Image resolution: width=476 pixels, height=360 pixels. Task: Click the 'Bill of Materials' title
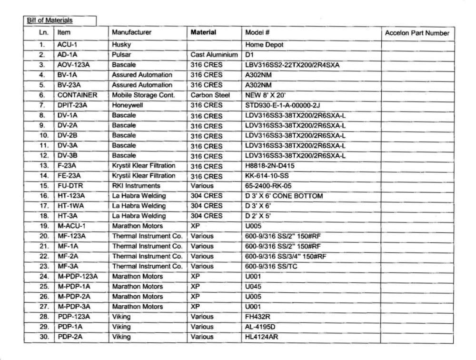(50, 20)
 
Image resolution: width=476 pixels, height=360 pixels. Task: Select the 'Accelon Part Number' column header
(416, 33)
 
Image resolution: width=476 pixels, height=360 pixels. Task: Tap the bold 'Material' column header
(203, 32)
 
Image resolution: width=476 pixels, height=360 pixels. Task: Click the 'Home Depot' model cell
(264, 45)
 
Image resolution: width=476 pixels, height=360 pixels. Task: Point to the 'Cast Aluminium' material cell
(214, 55)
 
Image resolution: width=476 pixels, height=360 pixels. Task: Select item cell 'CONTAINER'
(77, 95)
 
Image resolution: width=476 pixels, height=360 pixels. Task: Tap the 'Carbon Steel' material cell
(210, 95)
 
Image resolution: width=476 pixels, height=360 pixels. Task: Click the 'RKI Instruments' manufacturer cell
(136, 186)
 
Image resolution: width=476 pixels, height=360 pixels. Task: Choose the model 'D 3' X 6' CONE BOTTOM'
(284, 196)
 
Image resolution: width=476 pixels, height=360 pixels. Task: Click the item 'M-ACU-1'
(72, 226)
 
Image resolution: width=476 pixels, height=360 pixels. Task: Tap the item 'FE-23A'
(69, 176)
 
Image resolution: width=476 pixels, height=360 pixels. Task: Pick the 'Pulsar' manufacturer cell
(121, 55)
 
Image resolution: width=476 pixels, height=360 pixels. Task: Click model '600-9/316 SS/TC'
(271, 266)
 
